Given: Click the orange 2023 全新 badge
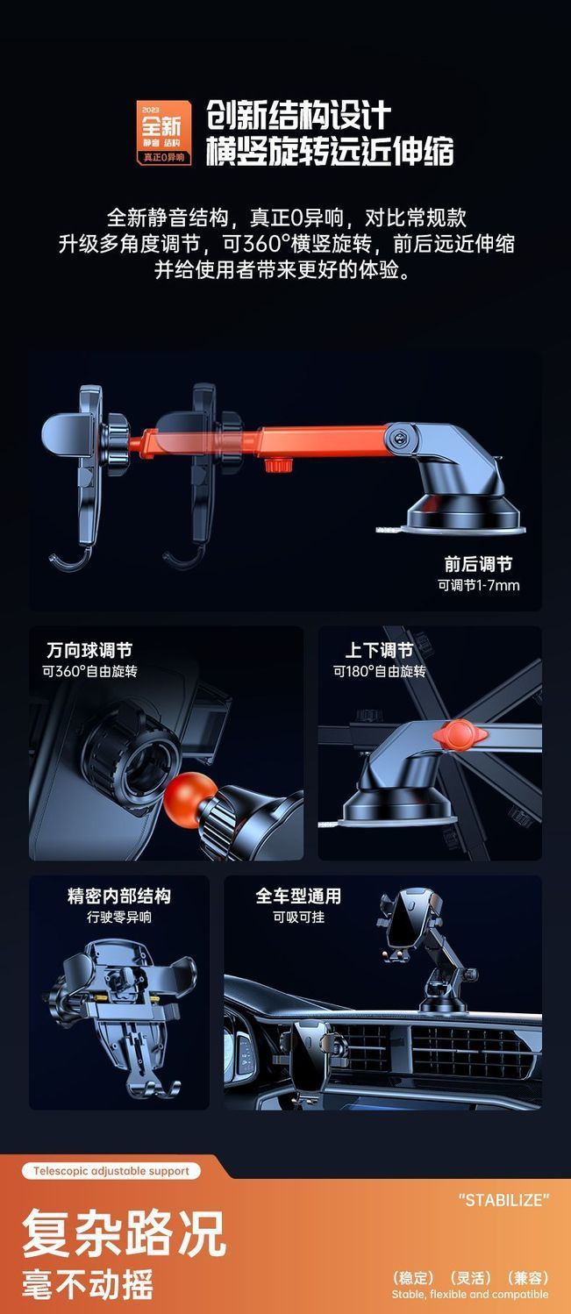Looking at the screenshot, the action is point(164,132).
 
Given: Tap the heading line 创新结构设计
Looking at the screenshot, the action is point(298,115).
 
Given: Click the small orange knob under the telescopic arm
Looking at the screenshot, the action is point(278,466).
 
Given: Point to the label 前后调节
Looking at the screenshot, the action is point(478,564).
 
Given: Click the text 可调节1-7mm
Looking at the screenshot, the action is point(478,585).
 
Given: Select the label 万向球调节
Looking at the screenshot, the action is point(89,650).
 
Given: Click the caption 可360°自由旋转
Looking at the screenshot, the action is point(89,671).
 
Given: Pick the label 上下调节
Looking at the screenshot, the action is point(379,650).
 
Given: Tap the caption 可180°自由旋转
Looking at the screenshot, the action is point(379,671).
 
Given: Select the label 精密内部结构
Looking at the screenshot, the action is point(119,896).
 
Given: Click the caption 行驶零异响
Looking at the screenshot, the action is point(119,917).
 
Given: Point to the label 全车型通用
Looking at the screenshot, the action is point(298,896).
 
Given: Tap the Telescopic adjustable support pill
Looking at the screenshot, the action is point(111,1171).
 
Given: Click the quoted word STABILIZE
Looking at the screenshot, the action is point(504,1200).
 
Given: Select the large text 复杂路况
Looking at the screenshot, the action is point(124,1233).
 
